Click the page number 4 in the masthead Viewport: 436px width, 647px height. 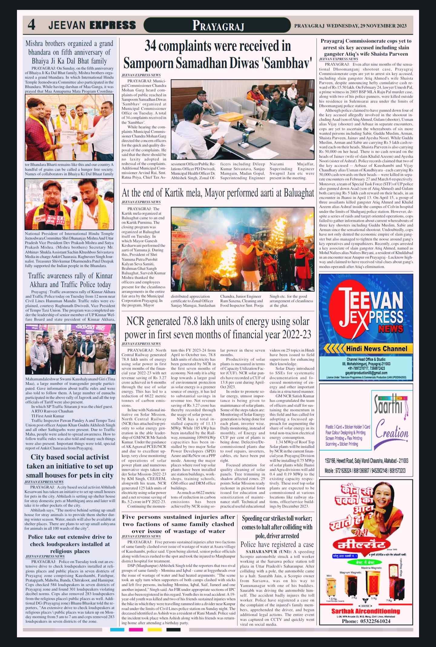[31, 25]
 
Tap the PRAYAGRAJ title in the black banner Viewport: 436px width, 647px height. [218, 26]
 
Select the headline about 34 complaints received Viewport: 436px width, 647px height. [218, 55]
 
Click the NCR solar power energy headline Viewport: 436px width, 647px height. [218, 328]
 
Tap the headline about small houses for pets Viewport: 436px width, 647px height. [70, 466]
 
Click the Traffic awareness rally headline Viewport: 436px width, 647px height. [70, 280]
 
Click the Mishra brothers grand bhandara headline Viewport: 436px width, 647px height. [70, 52]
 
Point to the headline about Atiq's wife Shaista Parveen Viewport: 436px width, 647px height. [366, 48]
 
